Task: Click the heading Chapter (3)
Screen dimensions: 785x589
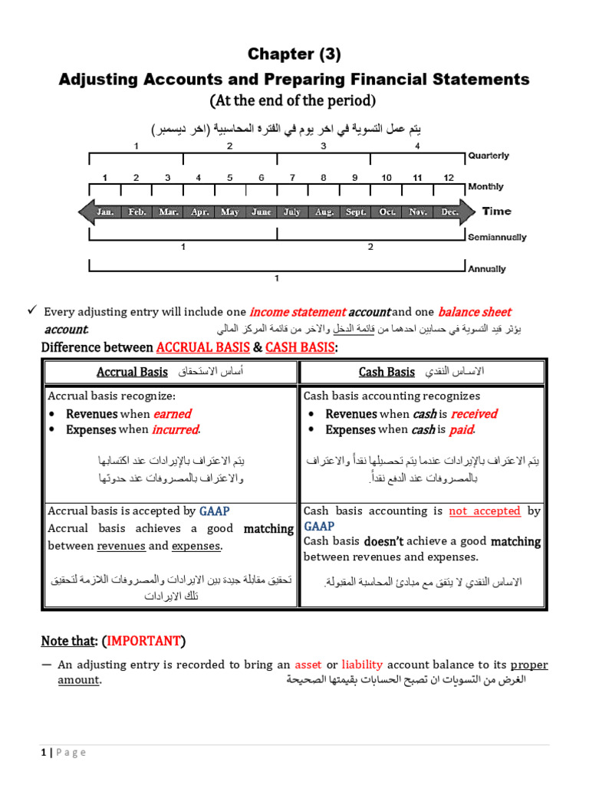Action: click(x=294, y=54)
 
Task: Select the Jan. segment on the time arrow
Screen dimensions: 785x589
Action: click(x=106, y=212)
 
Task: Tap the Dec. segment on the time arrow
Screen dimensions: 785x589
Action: click(x=449, y=212)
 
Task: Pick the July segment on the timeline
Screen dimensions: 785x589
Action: click(x=292, y=212)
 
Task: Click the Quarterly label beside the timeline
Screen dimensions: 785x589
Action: click(x=488, y=156)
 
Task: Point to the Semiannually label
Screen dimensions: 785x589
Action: click(x=497, y=238)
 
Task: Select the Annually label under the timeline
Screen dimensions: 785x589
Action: click(x=486, y=269)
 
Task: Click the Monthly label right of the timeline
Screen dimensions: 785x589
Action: click(x=485, y=186)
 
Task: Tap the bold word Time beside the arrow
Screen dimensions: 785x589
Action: click(x=496, y=211)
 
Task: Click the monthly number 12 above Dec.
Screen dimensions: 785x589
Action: click(x=448, y=178)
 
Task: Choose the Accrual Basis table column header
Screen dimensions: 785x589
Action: click(x=132, y=372)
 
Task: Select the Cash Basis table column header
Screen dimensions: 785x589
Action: click(x=387, y=372)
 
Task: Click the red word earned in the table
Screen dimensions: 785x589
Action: click(x=173, y=414)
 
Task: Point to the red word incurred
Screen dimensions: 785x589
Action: click(x=175, y=430)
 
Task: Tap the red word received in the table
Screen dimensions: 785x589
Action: click(x=473, y=414)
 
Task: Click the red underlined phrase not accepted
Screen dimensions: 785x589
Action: click(x=485, y=511)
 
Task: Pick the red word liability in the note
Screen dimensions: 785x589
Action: click(x=363, y=665)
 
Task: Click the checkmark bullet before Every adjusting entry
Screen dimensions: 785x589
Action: click(x=31, y=310)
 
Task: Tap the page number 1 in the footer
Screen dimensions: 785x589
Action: click(x=44, y=752)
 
